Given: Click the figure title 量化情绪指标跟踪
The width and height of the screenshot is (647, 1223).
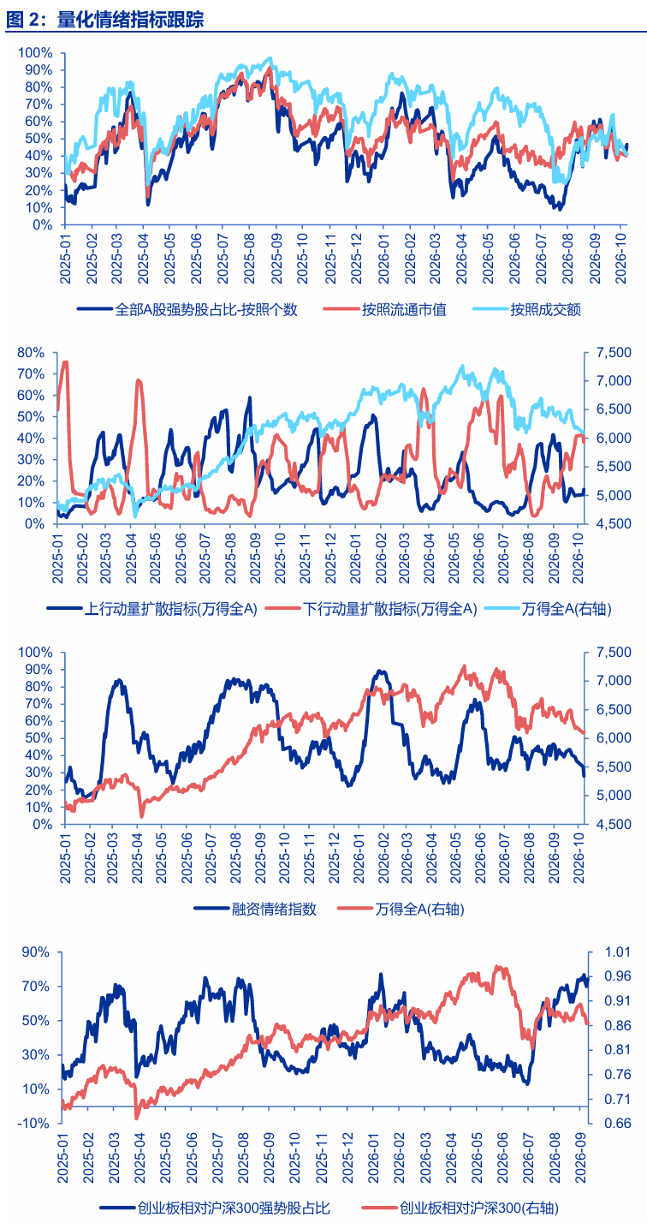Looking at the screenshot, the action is [130, 20].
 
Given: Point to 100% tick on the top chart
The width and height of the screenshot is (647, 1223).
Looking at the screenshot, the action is [35, 53].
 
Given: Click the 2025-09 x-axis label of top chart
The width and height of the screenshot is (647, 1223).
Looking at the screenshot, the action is [276, 259].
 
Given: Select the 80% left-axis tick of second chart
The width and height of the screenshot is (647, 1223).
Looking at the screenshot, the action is [31, 353].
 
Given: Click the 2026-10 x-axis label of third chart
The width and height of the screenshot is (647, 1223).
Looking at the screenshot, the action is [579, 858].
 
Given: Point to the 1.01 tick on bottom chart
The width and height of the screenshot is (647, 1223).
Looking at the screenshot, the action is [618, 952].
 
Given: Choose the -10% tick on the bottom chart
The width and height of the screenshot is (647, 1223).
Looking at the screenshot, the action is [35, 1124].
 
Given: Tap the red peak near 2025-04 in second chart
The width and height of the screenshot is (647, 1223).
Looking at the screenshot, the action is [138, 380].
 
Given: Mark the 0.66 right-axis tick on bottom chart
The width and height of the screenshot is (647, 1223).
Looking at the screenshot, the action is [618, 1124].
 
